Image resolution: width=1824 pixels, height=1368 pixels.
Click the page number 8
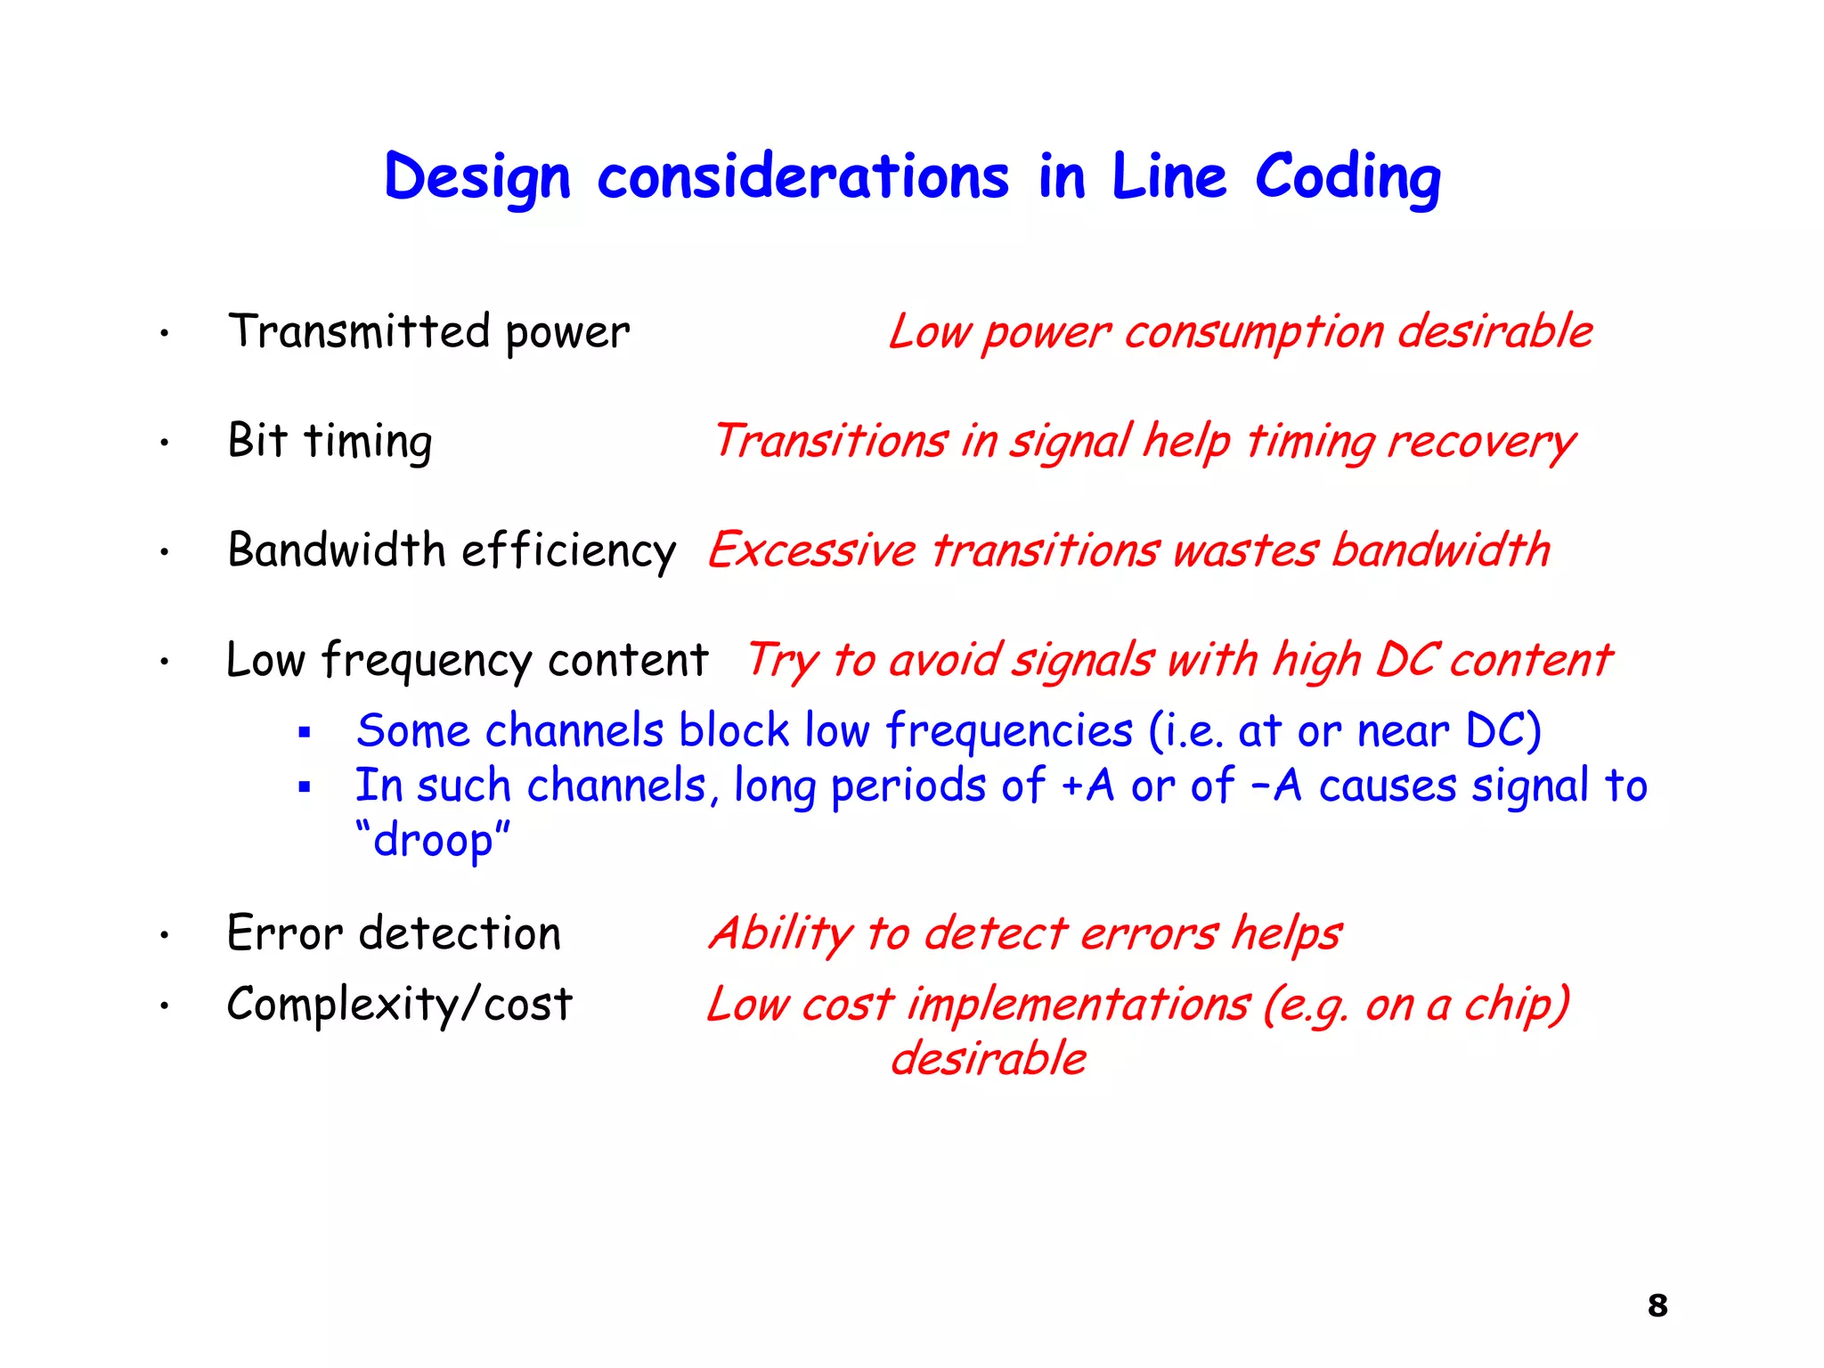click(1657, 1306)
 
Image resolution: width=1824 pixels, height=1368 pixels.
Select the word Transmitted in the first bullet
click(359, 331)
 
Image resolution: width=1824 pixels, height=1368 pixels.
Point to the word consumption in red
click(1254, 333)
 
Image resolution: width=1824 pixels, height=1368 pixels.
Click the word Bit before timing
click(257, 440)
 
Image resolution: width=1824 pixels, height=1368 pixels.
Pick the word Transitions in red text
click(830, 441)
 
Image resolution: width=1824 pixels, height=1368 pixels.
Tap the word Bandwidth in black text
click(337, 550)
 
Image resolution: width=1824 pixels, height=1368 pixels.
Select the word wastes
click(1245, 550)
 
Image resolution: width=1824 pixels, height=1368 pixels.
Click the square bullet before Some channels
click(305, 733)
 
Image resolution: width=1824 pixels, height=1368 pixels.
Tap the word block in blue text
click(734, 730)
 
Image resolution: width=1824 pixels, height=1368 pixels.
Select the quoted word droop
click(433, 840)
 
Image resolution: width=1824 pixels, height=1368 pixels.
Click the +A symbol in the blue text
click(1087, 786)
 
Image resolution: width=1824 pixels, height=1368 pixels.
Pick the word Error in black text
click(284, 933)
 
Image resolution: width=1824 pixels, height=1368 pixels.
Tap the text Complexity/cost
click(399, 1005)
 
